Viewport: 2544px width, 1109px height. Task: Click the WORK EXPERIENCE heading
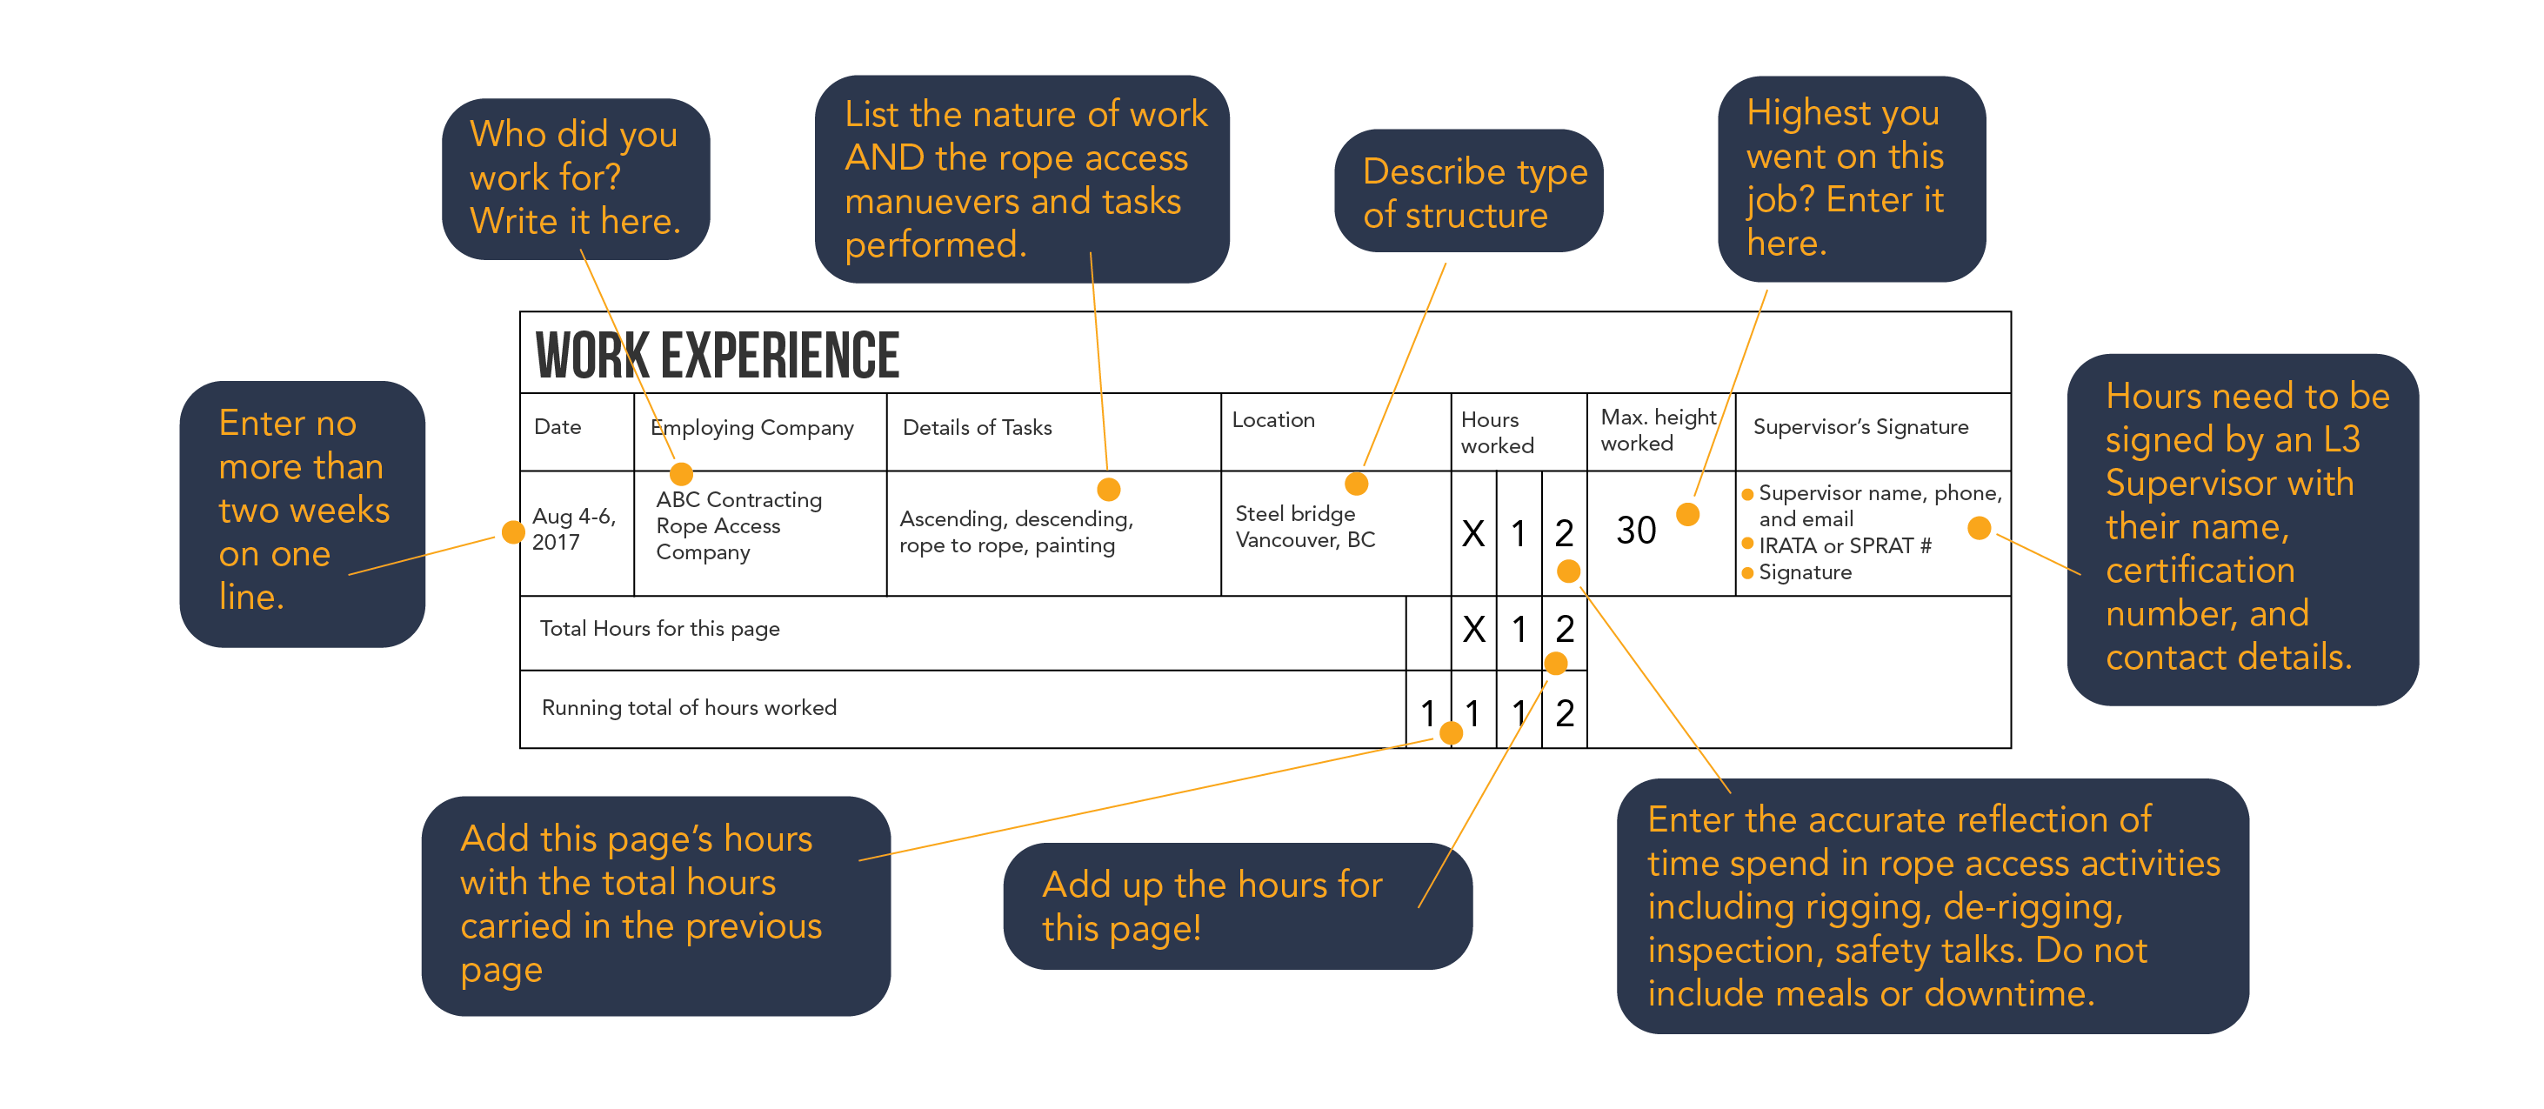click(x=717, y=356)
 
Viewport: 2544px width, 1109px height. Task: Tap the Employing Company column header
click(x=752, y=428)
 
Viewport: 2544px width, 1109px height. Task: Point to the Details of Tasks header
click(x=978, y=428)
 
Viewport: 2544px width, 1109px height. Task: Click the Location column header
click(x=1273, y=420)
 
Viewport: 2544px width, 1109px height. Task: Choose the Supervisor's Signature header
click(x=1860, y=426)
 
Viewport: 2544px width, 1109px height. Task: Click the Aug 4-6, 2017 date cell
click(x=574, y=530)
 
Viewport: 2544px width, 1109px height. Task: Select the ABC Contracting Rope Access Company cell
click(x=738, y=525)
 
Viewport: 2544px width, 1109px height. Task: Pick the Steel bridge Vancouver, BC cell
click(x=1305, y=526)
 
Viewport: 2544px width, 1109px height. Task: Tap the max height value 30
click(x=1635, y=531)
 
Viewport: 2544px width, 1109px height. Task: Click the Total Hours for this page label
click(x=660, y=629)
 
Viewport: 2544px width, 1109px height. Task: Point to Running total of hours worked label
click(x=690, y=708)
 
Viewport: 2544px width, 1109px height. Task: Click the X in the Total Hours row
click(x=1473, y=629)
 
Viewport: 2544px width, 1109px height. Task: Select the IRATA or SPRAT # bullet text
click(x=1845, y=545)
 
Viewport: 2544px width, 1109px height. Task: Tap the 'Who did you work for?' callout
click(x=575, y=178)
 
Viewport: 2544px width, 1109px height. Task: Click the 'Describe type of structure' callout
click(x=1468, y=191)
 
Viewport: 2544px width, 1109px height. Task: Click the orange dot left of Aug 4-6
click(x=512, y=532)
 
